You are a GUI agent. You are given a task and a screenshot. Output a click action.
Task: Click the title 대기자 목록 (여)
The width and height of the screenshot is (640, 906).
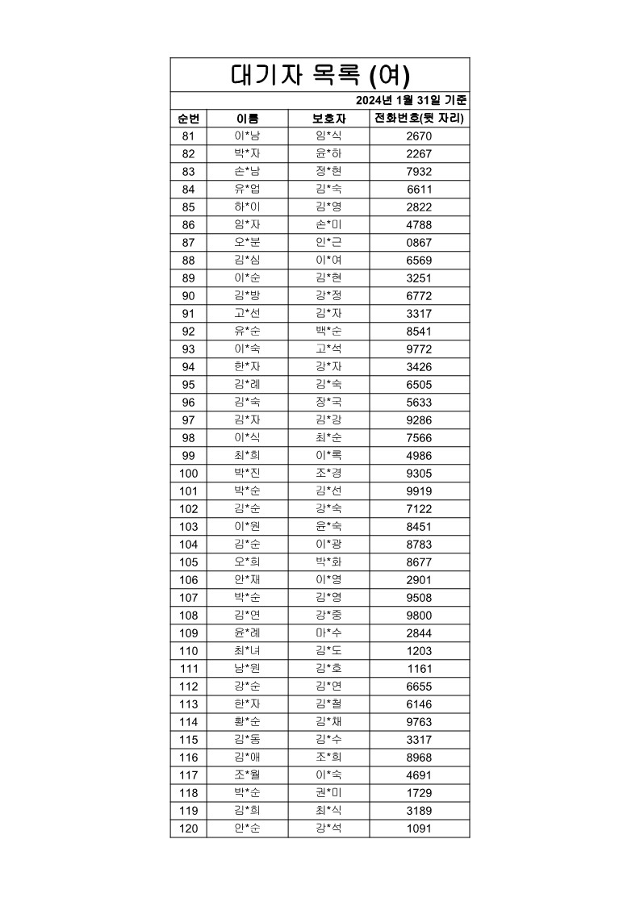tap(320, 75)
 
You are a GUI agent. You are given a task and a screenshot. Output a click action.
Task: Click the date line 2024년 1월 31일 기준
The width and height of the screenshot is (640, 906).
tap(411, 101)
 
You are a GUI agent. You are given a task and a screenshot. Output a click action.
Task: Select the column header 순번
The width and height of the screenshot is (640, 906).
tap(188, 119)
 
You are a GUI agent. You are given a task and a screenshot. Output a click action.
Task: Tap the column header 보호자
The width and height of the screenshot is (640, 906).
tap(328, 119)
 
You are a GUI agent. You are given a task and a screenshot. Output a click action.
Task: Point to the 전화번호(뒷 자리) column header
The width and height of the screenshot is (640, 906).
tap(420, 119)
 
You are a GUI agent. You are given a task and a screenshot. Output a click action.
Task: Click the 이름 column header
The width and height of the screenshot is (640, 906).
tap(247, 119)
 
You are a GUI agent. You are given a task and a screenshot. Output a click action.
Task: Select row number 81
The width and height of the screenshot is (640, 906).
tap(188, 136)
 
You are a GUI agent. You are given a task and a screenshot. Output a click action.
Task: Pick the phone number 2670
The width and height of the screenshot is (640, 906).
tap(420, 136)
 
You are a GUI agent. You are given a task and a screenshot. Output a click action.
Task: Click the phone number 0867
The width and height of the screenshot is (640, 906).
tap(420, 243)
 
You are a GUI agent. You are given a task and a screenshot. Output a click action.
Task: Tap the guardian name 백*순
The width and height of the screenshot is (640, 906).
tap(328, 332)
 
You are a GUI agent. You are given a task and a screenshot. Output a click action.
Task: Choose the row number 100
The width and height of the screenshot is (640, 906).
tap(188, 474)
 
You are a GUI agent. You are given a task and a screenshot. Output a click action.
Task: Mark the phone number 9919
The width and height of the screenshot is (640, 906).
tap(420, 491)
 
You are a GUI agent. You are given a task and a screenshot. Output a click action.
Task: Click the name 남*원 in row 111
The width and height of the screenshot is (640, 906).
tap(247, 669)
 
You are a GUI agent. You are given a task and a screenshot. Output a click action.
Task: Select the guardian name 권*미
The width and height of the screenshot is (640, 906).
tap(328, 793)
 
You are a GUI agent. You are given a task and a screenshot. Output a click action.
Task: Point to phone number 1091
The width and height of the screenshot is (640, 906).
tap(420, 829)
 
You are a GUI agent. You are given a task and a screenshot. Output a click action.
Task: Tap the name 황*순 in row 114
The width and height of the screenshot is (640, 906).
tap(247, 722)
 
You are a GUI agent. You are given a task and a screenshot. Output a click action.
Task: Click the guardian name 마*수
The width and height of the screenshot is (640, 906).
tap(328, 633)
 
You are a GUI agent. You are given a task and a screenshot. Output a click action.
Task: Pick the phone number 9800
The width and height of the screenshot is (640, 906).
tap(420, 616)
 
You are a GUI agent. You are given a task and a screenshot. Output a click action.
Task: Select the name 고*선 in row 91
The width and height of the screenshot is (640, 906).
tap(247, 314)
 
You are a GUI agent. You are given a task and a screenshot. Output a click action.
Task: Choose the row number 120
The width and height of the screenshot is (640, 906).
tap(188, 829)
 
